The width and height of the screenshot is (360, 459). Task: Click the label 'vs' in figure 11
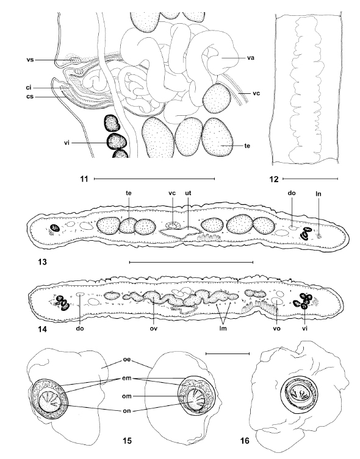pos(30,60)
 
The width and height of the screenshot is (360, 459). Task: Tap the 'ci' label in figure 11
pos(28,88)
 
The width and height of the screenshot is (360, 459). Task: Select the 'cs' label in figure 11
pos(30,96)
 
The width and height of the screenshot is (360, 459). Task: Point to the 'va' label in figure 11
pos(250,58)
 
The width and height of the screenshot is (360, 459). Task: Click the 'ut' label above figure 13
pos(188,193)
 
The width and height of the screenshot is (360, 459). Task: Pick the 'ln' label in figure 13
pos(319,193)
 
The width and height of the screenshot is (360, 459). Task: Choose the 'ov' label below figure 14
pos(154,329)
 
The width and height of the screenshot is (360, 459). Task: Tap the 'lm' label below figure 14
pos(223,329)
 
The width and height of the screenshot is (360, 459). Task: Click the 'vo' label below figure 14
pos(277,329)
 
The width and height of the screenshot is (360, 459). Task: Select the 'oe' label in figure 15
pos(126,360)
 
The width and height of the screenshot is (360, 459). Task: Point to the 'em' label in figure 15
pos(127,378)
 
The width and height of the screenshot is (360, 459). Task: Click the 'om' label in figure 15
pos(127,396)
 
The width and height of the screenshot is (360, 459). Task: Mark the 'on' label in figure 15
pos(126,411)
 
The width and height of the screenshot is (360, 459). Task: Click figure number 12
pos(274,179)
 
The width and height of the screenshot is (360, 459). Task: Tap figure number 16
pos(245,440)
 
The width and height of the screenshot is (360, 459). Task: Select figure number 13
pos(43,262)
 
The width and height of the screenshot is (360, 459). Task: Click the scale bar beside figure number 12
pos(310,179)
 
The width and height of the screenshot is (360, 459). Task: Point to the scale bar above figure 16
pos(228,354)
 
